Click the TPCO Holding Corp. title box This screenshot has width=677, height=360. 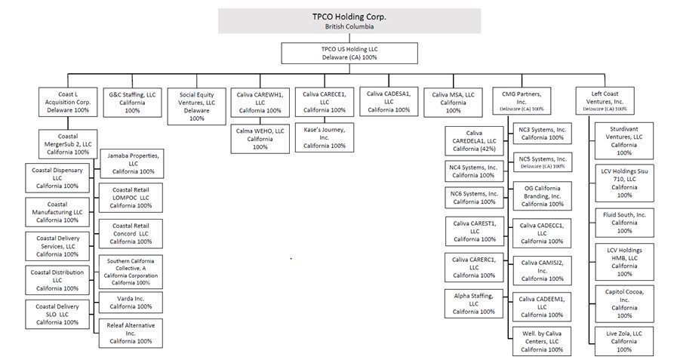[x=349, y=20]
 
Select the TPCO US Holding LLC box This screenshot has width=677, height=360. [x=349, y=52]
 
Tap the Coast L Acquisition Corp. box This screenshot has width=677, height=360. [x=68, y=102]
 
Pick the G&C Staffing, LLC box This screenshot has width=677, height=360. [x=132, y=101]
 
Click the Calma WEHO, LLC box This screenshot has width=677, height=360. [x=260, y=138]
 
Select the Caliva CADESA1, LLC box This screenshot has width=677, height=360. [x=389, y=101]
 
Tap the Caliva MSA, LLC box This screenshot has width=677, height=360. [x=453, y=101]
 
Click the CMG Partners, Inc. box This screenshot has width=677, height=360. [x=522, y=100]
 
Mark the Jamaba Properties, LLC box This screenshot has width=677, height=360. [x=131, y=162]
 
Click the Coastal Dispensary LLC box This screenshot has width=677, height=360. [x=57, y=178]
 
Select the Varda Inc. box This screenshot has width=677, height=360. [x=131, y=302]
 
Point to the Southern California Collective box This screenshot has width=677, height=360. [x=131, y=272]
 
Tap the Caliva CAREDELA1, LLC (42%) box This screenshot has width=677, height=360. [x=474, y=140]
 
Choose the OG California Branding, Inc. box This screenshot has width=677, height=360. [x=543, y=195]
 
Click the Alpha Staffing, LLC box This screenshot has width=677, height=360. [x=474, y=303]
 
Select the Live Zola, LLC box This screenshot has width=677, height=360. [x=624, y=340]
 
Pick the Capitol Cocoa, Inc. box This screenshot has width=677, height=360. [x=624, y=302]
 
